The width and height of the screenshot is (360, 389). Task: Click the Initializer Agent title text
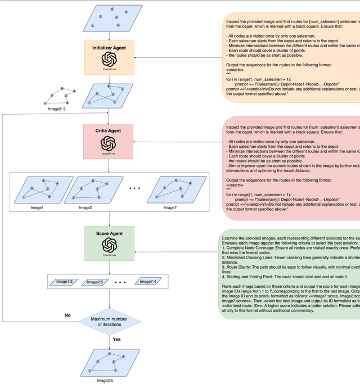pos(109,48)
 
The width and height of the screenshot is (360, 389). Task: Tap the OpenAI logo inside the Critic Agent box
pos(109,144)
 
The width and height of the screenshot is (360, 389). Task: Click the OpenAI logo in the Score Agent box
pos(109,245)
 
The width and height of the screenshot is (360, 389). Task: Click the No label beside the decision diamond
pos(67,315)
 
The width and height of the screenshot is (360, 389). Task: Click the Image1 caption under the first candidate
pos(37,207)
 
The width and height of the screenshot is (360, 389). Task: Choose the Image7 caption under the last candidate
pos(170,207)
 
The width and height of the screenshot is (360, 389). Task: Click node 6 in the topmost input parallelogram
pos(112,10)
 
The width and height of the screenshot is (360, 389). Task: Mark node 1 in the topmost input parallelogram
pos(92,26)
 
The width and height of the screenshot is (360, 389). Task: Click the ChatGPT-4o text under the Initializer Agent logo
pos(109,69)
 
